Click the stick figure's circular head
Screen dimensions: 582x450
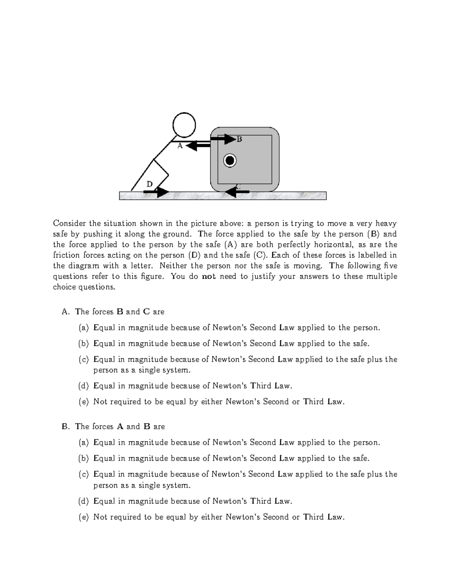[x=184, y=125]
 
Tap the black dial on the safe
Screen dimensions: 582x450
[x=230, y=161]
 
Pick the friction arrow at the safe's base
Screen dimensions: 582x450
[x=237, y=192]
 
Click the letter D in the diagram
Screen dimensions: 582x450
[x=149, y=184]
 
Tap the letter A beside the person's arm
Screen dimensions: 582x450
[x=180, y=146]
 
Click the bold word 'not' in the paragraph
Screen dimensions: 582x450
[x=208, y=277]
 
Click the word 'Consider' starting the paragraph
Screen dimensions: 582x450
[x=69, y=224]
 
